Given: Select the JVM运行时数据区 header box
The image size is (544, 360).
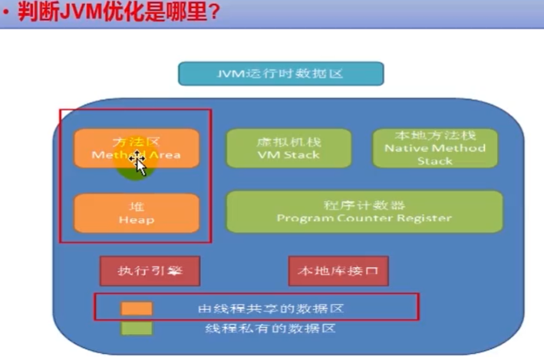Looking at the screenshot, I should (281, 74).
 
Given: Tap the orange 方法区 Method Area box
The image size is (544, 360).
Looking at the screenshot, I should (137, 147).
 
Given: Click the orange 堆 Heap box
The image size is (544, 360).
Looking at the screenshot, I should (137, 213).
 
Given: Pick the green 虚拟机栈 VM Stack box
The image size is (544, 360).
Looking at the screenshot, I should (288, 148).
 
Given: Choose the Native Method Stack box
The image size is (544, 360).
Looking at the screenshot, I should (435, 147).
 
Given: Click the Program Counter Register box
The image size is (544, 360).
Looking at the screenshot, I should (364, 212).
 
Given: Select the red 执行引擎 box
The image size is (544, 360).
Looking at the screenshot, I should (150, 270).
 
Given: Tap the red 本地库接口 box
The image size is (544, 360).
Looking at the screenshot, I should (338, 270).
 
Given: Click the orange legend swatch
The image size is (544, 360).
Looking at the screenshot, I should (137, 308).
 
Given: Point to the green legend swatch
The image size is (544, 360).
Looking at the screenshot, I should (137, 328).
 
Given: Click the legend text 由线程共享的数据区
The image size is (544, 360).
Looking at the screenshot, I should (269, 308).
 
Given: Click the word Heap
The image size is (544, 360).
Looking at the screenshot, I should (137, 220).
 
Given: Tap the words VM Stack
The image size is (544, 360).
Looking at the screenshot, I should (288, 155).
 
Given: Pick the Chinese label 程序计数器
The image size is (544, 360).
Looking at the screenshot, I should (364, 205).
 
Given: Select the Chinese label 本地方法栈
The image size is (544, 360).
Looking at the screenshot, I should (435, 134).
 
